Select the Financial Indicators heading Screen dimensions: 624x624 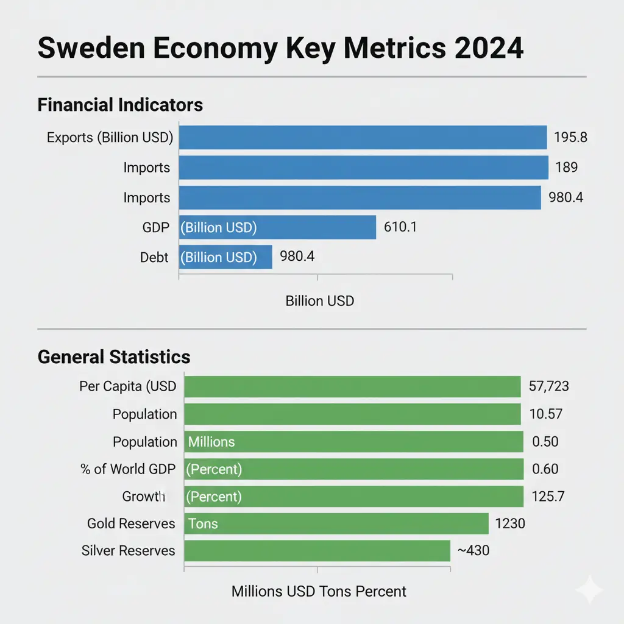[x=120, y=105]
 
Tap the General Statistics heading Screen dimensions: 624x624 [x=114, y=356]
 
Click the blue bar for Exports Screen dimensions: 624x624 [x=363, y=137]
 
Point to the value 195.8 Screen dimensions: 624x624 [x=570, y=137]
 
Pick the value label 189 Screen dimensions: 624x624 [x=566, y=167]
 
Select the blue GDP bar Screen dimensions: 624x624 [x=277, y=227]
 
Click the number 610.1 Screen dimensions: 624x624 [x=400, y=227]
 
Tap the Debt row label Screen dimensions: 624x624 [x=154, y=257]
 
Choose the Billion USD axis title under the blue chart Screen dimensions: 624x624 [x=319, y=301]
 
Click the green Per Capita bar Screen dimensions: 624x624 [x=352, y=386]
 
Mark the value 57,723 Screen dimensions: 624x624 [x=549, y=386]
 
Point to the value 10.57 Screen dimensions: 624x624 [x=545, y=414]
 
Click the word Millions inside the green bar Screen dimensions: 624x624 [x=211, y=442]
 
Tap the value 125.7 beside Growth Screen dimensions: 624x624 [x=548, y=497]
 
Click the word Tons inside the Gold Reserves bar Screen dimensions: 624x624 [x=203, y=523]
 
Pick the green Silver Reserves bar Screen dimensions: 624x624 [x=317, y=551]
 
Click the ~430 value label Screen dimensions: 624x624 [x=473, y=551]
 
